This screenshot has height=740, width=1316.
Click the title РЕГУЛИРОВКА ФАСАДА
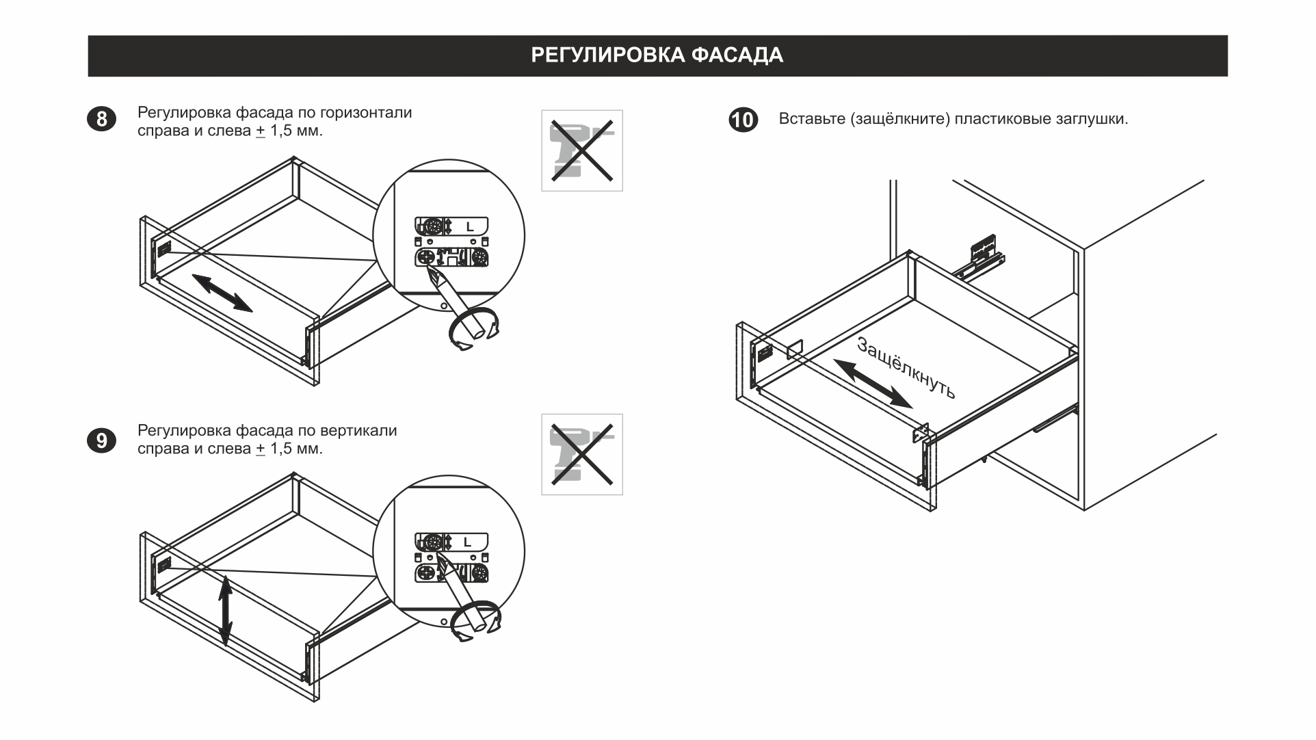(x=657, y=55)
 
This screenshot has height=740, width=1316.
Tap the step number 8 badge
(x=101, y=120)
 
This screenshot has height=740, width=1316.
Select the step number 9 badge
(x=101, y=440)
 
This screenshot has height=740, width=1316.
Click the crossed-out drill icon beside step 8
(x=581, y=150)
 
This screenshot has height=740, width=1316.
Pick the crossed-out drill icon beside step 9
(x=581, y=454)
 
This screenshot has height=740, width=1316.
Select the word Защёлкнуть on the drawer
(x=906, y=368)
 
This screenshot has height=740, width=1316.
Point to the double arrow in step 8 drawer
(x=222, y=293)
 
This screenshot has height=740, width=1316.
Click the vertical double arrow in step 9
(x=226, y=611)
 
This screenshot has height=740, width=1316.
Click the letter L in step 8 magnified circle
(x=469, y=226)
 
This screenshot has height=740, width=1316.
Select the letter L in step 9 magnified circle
(x=468, y=542)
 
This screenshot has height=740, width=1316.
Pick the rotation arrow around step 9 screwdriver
(x=477, y=621)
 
